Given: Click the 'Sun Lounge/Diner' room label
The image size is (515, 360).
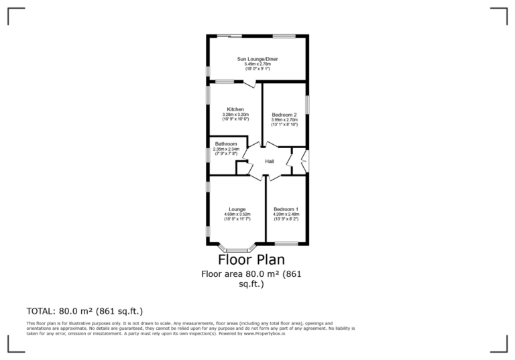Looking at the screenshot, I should pos(257,59).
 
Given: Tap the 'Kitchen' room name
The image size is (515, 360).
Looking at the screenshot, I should pos(235,109).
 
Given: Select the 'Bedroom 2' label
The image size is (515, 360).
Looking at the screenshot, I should pos(284,115).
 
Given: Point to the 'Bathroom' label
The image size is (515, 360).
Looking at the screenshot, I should pos(225,144).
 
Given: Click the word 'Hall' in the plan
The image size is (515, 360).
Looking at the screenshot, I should pos(269,162).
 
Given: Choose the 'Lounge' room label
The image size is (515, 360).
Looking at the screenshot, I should pos(237,209).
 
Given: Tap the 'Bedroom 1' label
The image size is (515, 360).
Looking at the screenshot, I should pos(286,209).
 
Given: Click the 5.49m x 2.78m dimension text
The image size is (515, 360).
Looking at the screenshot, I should pos(257,64).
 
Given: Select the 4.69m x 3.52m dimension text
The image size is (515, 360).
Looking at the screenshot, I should pos(237,215).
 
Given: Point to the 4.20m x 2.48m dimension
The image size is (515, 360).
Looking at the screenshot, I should pos(286,215).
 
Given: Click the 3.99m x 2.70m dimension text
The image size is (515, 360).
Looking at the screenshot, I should pos(284,120).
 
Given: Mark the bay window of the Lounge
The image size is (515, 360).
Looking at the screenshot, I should pos(237,250).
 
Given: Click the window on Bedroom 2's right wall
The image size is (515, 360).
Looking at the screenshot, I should pos(307,105).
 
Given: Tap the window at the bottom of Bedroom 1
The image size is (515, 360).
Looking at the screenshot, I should pos(286,243).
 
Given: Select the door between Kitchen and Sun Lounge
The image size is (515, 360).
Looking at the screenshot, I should pos(249,84).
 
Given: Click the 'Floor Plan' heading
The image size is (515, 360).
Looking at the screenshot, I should pos(251,259).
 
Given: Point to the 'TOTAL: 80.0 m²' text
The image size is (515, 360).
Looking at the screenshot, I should pos(84,311).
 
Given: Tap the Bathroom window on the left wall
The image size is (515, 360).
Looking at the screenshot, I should pos(207,155).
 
